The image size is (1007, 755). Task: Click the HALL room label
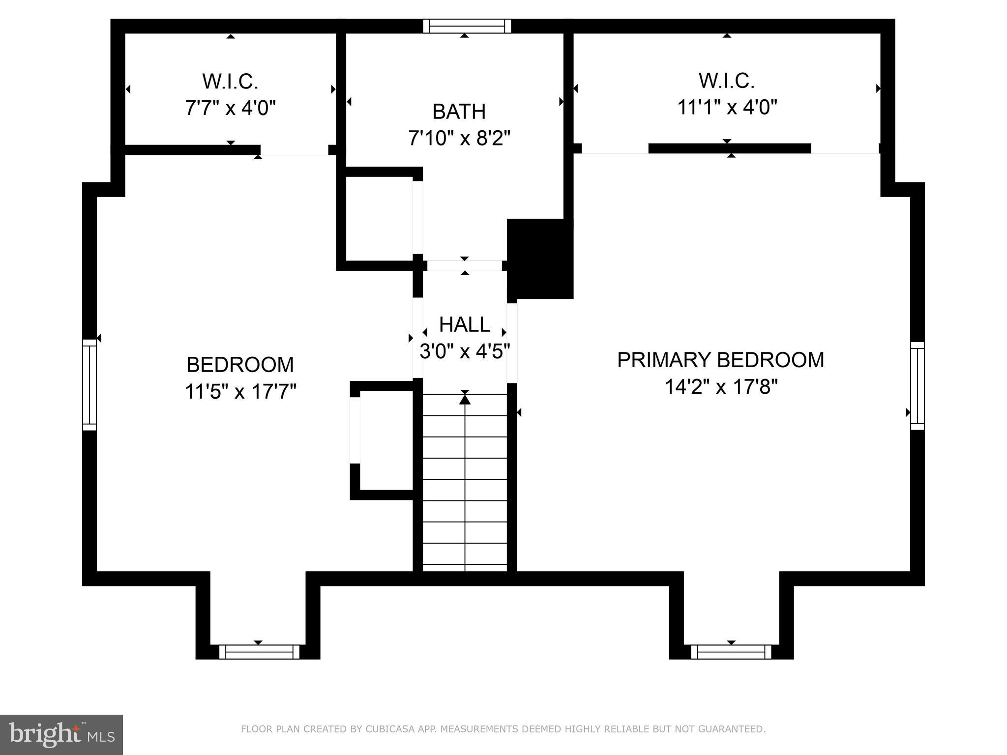point(464,324)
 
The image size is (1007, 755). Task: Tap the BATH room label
point(459,112)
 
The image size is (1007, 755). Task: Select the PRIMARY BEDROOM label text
point(720,360)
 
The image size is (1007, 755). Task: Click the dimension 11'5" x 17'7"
point(240,392)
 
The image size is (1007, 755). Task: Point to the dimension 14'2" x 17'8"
point(721,387)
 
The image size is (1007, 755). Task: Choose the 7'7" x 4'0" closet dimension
point(230,107)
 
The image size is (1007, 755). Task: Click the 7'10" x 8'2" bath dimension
point(459,139)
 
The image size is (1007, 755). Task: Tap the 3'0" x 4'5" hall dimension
point(464,351)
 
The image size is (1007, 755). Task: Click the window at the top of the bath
point(467,26)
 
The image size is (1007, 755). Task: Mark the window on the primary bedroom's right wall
point(918,386)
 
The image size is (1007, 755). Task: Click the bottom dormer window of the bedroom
point(259,652)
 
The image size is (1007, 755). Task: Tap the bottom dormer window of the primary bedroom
point(731,652)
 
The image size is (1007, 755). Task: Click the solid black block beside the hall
point(540,259)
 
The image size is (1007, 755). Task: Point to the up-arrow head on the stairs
point(465,399)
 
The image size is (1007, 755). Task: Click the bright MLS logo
point(61,734)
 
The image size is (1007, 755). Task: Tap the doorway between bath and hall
point(464,266)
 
